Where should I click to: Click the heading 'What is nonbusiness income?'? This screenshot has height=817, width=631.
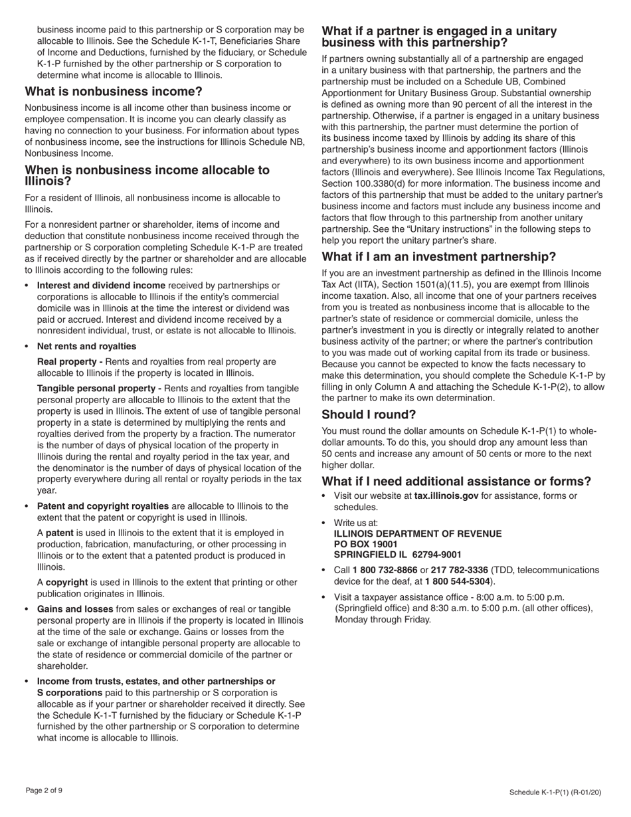(114, 92)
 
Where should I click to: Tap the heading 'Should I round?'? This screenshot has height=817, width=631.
(369, 415)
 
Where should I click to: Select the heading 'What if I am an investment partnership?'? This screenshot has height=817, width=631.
(438, 257)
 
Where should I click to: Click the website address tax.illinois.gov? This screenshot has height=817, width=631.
(446, 496)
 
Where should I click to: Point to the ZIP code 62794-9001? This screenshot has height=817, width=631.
(436, 555)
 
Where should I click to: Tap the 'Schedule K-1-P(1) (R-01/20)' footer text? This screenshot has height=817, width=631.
(555, 792)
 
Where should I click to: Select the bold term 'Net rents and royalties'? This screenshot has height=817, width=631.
(86, 346)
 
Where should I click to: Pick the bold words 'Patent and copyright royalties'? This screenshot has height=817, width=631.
(102, 506)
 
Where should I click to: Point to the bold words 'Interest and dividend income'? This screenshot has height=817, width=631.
(101, 286)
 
